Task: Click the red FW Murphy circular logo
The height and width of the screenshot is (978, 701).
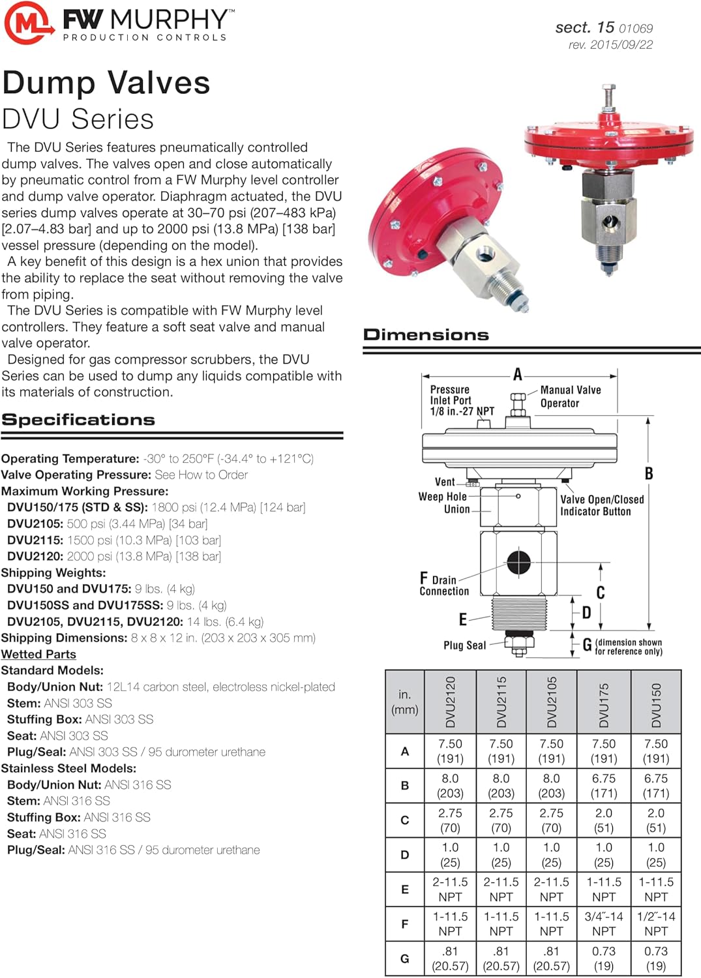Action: click(28, 23)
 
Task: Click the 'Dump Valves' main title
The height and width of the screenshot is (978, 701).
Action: click(106, 83)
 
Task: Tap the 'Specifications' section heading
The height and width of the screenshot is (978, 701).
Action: click(78, 420)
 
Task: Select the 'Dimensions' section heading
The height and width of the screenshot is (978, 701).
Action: click(426, 334)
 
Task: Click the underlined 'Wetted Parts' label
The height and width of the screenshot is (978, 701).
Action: click(38, 654)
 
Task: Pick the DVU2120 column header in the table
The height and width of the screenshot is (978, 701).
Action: click(451, 702)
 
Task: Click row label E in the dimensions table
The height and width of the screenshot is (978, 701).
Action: click(405, 889)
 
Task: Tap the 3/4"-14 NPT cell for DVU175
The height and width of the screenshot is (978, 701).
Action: click(604, 924)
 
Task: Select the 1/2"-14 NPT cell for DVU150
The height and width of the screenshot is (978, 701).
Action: click(656, 924)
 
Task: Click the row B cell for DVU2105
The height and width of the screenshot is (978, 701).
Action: click(552, 786)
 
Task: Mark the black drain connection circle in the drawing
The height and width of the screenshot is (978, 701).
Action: click(518, 561)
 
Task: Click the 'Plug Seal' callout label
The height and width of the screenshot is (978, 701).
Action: click(464, 645)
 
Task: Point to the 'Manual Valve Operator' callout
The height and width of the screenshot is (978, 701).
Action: click(570, 396)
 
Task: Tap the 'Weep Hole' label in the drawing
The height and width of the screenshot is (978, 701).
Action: click(442, 497)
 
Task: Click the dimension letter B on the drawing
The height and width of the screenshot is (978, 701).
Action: click(649, 474)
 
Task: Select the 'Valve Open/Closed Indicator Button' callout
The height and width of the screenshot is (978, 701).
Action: click(601, 505)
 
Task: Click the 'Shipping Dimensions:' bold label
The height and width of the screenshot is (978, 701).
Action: click(64, 638)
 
